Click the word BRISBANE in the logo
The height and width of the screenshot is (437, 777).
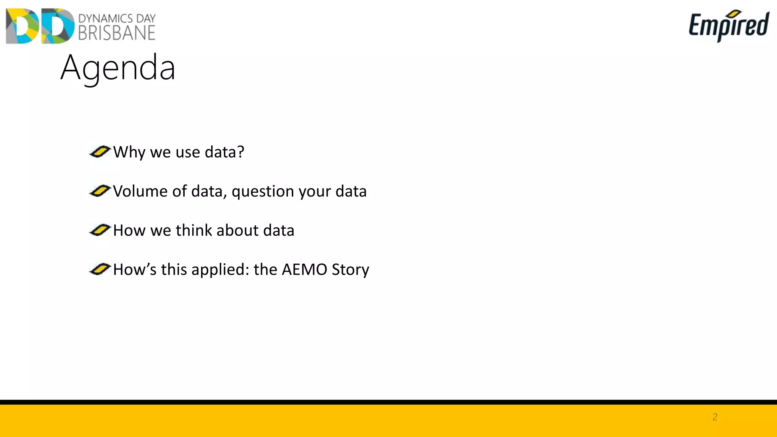point(117,33)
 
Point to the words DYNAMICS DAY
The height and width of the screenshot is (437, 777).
point(117,18)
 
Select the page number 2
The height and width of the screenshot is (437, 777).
point(715,417)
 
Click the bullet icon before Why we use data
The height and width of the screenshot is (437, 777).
point(100,152)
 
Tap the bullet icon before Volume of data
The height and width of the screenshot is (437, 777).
point(100,191)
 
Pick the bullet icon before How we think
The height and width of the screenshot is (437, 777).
point(100,230)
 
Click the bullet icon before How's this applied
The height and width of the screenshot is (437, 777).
point(100,269)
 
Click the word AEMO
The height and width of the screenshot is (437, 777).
point(304,269)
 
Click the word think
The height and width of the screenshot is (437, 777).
point(193,230)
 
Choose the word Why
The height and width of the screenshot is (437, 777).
point(129,152)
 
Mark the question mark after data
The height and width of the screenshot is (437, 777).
point(241,152)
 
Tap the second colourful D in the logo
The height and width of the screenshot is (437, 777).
point(58,26)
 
